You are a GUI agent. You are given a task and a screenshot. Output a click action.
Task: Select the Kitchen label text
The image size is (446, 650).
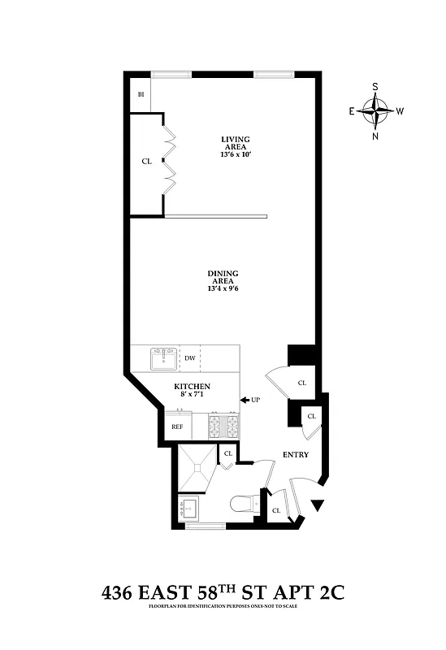[x=193, y=386]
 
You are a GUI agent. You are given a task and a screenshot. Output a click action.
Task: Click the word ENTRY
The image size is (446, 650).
[x=295, y=454]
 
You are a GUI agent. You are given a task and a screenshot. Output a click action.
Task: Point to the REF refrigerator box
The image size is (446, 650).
[x=177, y=426]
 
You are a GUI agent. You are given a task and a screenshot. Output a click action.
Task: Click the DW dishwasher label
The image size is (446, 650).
[x=189, y=357]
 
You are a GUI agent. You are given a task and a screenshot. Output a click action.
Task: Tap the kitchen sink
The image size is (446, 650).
[x=163, y=357]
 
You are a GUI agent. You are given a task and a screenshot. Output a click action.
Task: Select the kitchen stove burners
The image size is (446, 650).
[x=223, y=425]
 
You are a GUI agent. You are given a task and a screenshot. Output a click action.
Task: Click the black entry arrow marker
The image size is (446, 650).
[x=318, y=506]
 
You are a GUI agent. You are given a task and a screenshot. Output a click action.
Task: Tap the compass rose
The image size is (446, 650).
[x=376, y=110]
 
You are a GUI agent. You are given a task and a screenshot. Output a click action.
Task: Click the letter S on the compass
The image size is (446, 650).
[x=376, y=85]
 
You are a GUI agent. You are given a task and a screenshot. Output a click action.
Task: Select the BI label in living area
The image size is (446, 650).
[x=141, y=94]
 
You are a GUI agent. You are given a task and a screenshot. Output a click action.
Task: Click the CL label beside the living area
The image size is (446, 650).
[x=146, y=161]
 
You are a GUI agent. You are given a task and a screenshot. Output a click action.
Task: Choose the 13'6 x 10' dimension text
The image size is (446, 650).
[x=236, y=154]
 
